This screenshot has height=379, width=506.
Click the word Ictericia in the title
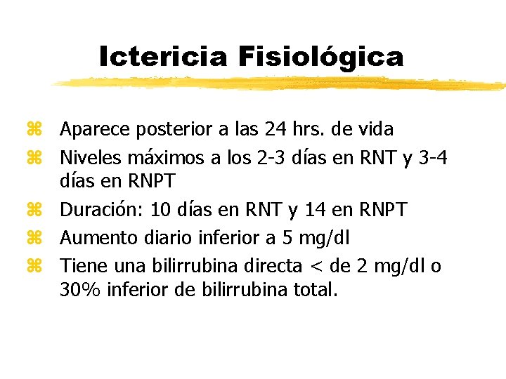coord(163,56)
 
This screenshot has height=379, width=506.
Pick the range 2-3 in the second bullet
coord(273,157)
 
